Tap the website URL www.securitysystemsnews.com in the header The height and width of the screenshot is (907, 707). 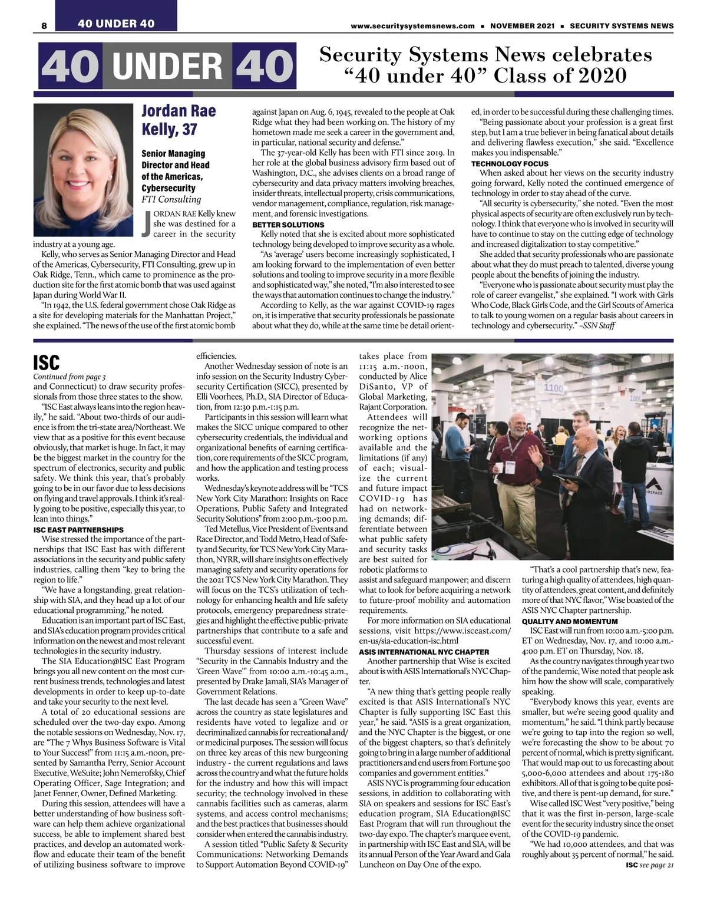coord(412,26)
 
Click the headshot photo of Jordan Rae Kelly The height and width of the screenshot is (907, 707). coord(84,172)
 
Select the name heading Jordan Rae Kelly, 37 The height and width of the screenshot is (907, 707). coord(179,120)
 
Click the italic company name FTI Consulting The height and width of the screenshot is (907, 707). coord(171,199)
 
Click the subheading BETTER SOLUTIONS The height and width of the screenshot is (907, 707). coord(288,225)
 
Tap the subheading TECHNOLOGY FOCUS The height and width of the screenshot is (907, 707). coord(510,164)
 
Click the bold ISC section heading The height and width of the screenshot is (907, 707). coord(47,362)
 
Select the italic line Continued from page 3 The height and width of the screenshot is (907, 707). coord(70,377)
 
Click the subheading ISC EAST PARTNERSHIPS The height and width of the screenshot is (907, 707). coord(78,530)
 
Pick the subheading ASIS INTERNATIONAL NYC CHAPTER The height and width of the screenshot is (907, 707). coord(424,652)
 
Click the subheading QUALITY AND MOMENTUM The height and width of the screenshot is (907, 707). coord(570,622)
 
